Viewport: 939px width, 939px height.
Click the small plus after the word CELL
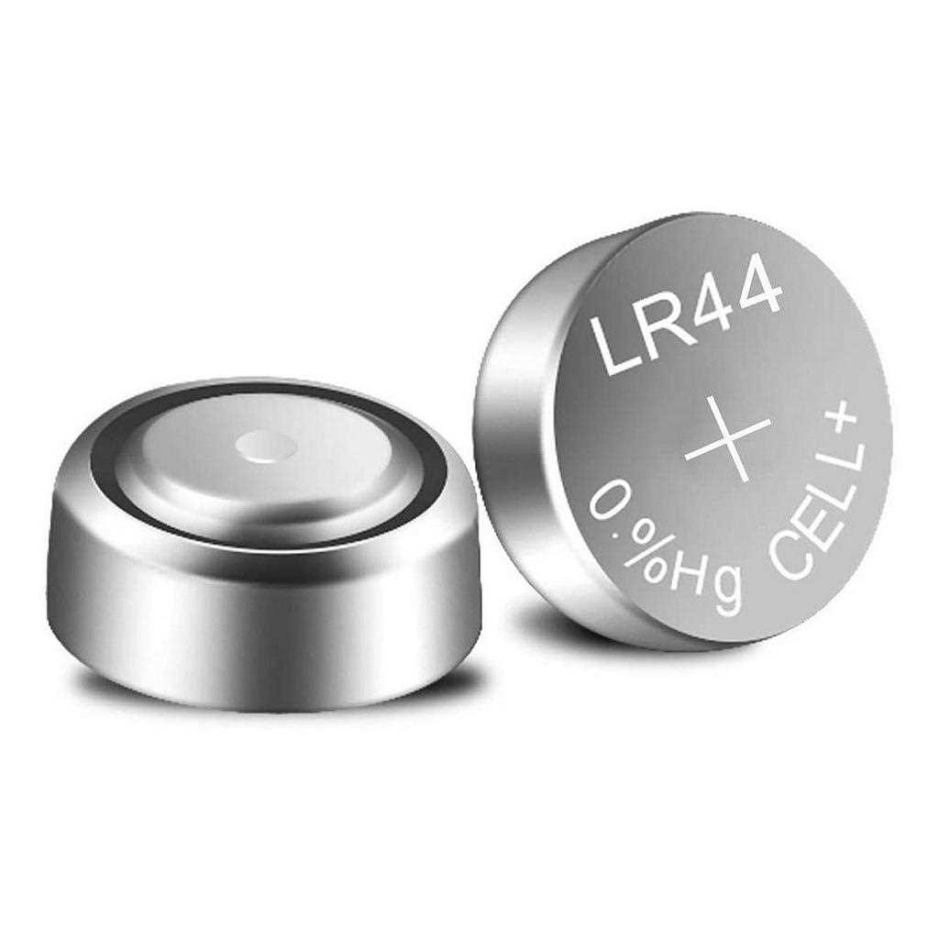845,421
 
